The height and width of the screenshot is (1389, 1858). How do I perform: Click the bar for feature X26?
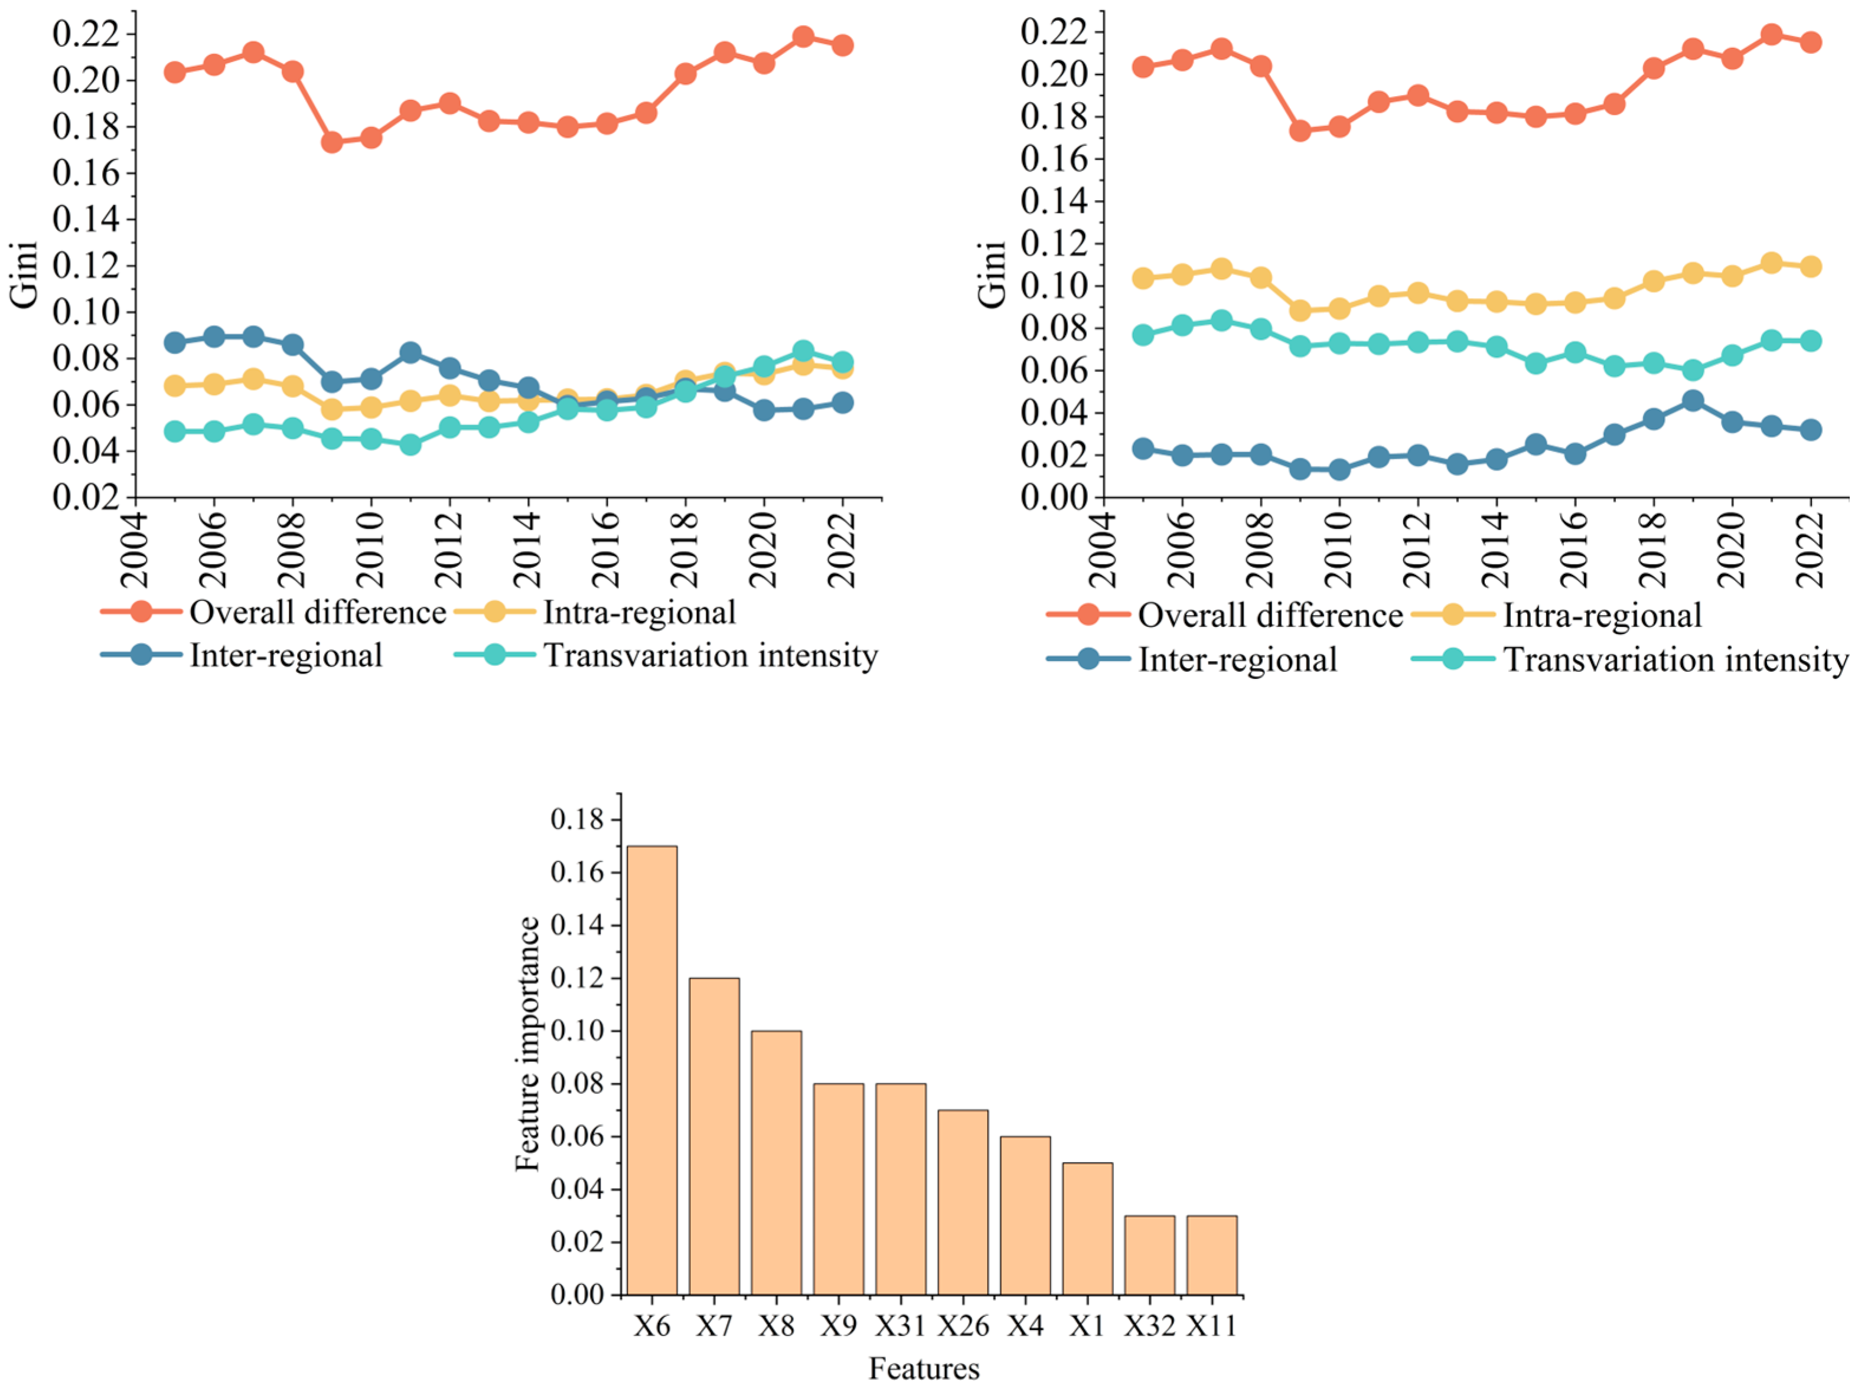963,1202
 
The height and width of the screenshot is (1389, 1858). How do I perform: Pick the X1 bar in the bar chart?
1087,1228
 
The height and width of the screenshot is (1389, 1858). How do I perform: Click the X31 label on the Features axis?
899,1326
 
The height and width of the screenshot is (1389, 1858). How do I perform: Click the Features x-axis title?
923,1369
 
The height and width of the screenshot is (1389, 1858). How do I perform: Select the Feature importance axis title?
527,1044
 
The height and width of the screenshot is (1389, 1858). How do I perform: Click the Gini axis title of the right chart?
991,274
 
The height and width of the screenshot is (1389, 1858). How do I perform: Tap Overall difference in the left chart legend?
317,612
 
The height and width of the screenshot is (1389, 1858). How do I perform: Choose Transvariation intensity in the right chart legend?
1675,659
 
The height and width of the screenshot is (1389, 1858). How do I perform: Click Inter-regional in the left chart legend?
286,655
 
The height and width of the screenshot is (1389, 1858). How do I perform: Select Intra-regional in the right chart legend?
1602,616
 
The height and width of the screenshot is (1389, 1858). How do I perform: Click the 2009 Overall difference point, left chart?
332,142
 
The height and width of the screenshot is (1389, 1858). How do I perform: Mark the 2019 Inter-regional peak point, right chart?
1693,401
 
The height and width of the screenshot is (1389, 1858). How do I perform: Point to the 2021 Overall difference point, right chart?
1772,34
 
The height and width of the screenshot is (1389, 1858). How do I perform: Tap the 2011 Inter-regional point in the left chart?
410,352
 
